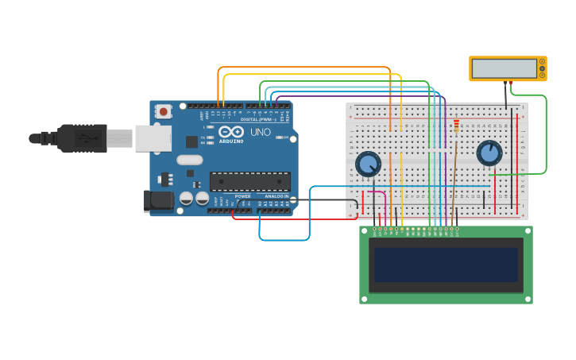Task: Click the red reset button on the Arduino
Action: pyautogui.click(x=163, y=112)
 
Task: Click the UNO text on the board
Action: pyautogui.click(x=261, y=132)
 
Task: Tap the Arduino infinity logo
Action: pyautogui.click(x=231, y=131)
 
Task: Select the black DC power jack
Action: pyautogui.click(x=159, y=200)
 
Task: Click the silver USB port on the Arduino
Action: pyautogui.click(x=153, y=138)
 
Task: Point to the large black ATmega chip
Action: pyautogui.click(x=249, y=181)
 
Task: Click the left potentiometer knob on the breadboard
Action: pyautogui.click(x=368, y=164)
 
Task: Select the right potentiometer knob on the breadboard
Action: pyautogui.click(x=489, y=153)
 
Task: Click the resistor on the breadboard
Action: pyautogui.click(x=456, y=126)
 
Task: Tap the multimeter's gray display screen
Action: pyautogui.click(x=503, y=68)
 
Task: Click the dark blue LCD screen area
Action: pyautogui.click(x=446, y=265)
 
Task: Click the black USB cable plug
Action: pyautogui.click(x=82, y=138)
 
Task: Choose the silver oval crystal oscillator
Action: pyautogui.click(x=190, y=160)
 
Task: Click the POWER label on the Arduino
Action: pyautogui.click(x=242, y=196)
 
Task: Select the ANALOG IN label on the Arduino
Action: pyautogui.click(x=276, y=196)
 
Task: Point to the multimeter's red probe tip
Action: pyautogui.click(x=510, y=82)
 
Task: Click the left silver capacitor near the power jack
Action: pyautogui.click(x=187, y=198)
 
